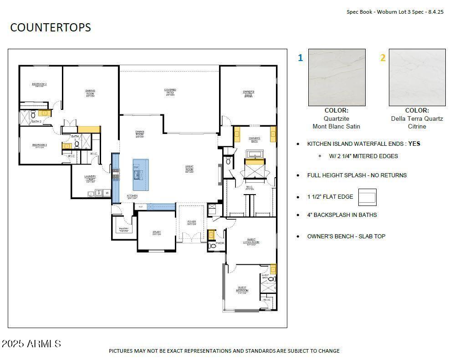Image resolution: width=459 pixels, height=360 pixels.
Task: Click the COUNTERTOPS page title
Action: coord(51,27)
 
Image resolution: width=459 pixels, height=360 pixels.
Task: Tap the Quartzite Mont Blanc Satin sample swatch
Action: coord(337,77)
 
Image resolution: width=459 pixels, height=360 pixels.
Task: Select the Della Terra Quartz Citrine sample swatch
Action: coord(417,77)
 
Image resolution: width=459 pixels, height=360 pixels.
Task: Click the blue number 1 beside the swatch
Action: coord(300,58)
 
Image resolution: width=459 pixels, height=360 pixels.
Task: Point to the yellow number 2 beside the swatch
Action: coord(382,58)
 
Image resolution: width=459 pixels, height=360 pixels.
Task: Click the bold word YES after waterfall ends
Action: coord(414,144)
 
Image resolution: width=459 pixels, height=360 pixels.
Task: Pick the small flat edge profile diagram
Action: coord(367,197)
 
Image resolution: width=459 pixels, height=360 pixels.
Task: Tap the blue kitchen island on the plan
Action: coord(141,175)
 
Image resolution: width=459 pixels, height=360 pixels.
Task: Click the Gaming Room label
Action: coord(90,93)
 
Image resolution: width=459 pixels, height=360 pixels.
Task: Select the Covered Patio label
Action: coord(170,92)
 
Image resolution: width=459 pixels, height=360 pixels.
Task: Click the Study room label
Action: coord(157,233)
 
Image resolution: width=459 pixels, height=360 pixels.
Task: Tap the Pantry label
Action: coord(123,230)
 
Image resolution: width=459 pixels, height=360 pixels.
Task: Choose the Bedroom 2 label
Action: coord(39,84)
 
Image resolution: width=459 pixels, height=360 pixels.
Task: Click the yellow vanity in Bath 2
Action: coord(44,113)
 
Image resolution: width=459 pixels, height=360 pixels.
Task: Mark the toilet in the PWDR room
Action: coord(212,246)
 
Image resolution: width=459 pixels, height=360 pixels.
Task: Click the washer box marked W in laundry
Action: coord(107,193)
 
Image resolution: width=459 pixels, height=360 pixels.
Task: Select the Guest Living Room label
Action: coord(251,241)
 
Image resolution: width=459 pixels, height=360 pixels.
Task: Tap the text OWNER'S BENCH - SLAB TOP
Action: coord(346,236)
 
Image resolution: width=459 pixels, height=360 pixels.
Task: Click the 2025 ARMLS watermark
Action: coord(31,343)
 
